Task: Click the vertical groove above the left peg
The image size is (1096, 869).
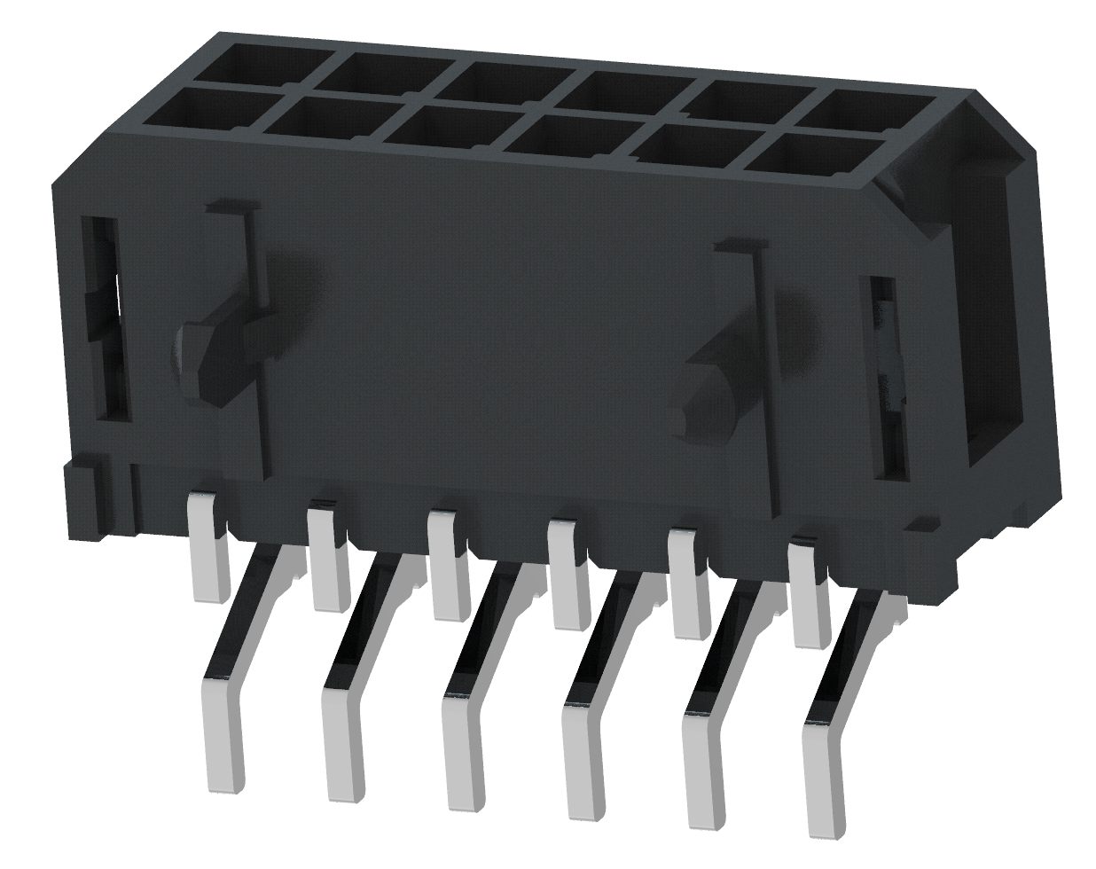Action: (253, 257)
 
